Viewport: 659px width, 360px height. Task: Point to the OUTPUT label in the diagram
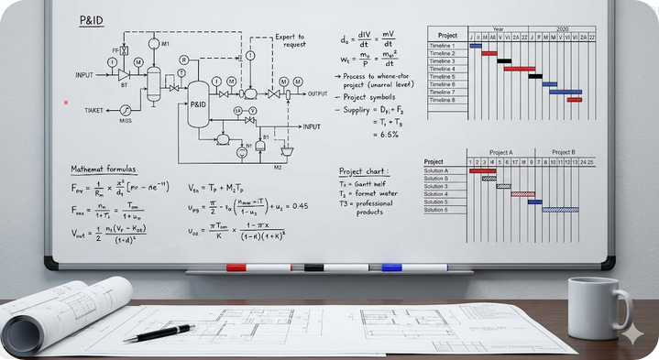318,94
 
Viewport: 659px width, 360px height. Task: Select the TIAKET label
95,110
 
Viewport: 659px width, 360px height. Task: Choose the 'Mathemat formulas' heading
104,169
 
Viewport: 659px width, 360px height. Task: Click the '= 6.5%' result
385,135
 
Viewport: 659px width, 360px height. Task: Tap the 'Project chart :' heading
363,170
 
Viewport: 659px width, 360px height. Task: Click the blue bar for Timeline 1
476,45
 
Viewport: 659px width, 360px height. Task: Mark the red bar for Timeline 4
519,69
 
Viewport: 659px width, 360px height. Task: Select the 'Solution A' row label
436,170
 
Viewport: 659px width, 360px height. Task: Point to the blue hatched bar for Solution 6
560,210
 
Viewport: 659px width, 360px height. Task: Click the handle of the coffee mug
625,309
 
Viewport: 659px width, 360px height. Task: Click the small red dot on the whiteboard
65,103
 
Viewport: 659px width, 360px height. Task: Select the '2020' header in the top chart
561,28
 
